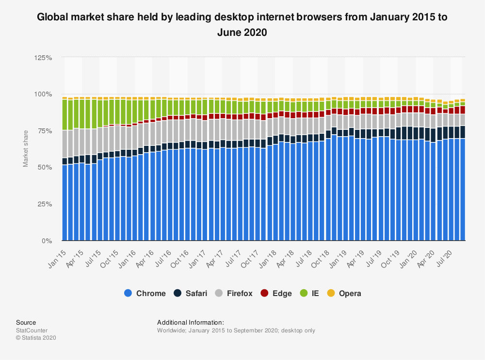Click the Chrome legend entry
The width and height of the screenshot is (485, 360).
[x=145, y=293]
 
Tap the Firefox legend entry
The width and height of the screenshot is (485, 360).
[x=235, y=293]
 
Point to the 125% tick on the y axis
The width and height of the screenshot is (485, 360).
[x=44, y=58]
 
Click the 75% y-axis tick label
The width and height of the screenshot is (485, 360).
[x=45, y=131]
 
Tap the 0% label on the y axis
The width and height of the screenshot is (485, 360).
[x=47, y=241]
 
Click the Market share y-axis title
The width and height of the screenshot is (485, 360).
[x=26, y=149]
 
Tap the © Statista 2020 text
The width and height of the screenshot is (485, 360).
[x=36, y=338]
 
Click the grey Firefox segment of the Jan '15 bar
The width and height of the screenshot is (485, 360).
[x=65, y=144]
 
